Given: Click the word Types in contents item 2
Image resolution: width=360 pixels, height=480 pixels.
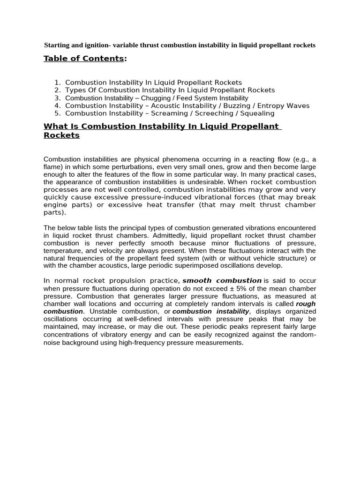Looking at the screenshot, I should point(75,90).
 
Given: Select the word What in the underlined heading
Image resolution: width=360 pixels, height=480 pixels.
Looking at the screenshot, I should point(54,127).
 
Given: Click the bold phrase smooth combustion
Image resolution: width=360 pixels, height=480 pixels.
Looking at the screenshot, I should point(222,280).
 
